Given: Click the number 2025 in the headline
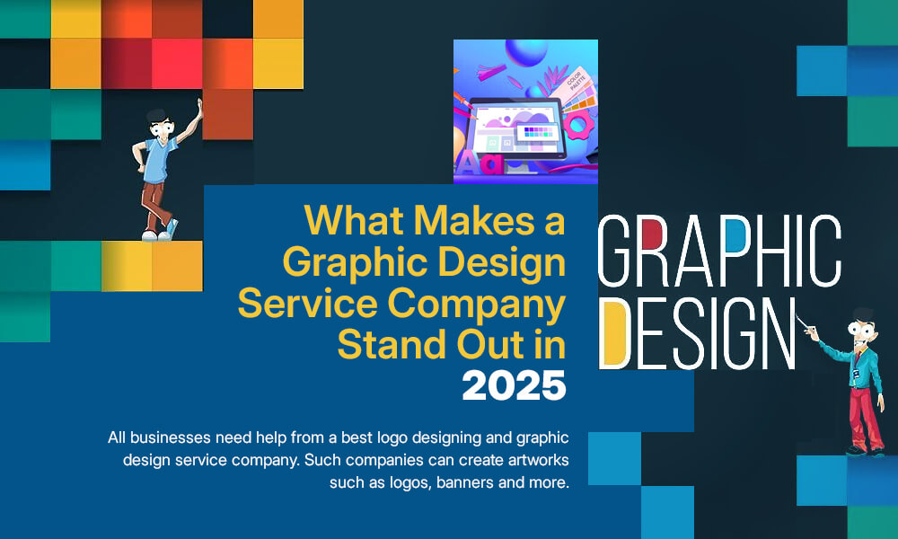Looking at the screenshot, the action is pyautogui.click(x=514, y=385).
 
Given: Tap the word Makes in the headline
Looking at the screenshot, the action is pyautogui.click(x=474, y=220).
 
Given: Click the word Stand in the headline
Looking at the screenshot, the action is pyautogui.click(x=393, y=345).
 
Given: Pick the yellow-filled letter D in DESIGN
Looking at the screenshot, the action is pyautogui.click(x=615, y=333).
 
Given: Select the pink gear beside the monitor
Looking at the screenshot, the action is pyautogui.click(x=577, y=123).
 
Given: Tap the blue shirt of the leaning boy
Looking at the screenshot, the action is pyautogui.click(x=158, y=162).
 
